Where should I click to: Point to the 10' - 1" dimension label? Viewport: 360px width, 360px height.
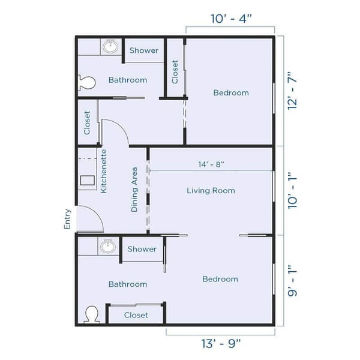(x=293, y=191)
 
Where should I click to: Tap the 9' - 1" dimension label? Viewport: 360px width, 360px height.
(x=293, y=281)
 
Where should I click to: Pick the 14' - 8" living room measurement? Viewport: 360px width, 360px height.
(x=211, y=164)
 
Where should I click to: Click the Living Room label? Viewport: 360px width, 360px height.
(x=211, y=191)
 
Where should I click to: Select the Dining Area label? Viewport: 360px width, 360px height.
(x=135, y=190)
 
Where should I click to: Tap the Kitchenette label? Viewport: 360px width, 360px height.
(x=104, y=171)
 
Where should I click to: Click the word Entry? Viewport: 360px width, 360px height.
(x=67, y=219)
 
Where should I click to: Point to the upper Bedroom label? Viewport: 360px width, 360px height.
(x=231, y=92)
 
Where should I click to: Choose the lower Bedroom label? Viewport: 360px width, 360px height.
(x=220, y=279)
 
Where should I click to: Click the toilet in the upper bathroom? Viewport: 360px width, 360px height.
(x=86, y=83)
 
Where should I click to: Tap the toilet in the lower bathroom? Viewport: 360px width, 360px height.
(x=92, y=314)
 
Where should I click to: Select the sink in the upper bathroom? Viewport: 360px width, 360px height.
(x=109, y=46)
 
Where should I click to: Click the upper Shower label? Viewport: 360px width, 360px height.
(x=144, y=50)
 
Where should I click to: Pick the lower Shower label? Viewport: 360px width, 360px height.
(x=142, y=249)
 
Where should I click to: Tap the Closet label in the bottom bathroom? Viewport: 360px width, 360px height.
(x=136, y=315)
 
